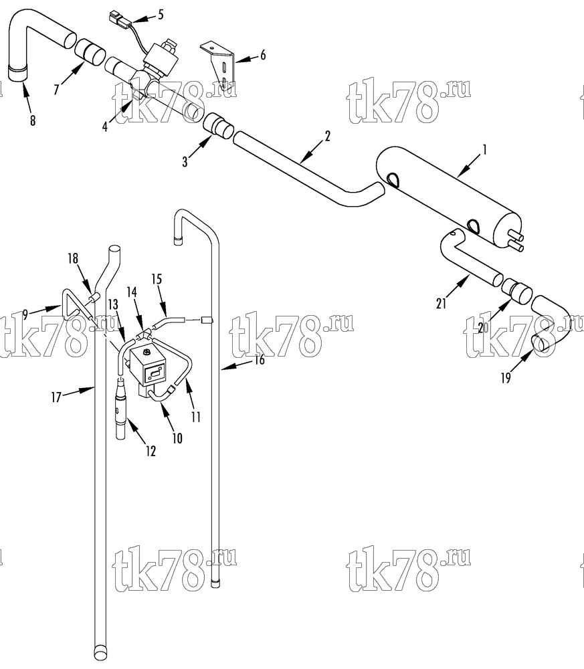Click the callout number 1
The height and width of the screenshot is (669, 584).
coord(484,150)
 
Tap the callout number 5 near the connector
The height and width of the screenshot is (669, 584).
coord(161,15)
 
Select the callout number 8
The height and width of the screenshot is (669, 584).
coord(33,120)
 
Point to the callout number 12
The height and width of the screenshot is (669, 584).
coord(151,451)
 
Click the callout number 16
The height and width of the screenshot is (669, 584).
coord(260,360)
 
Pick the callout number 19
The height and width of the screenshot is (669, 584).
coord(506,378)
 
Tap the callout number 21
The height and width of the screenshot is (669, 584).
coord(441,303)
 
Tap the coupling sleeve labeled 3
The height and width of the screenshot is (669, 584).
coord(218,127)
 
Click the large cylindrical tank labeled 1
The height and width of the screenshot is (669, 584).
coord(448,192)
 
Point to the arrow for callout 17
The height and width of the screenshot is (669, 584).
coord(80,391)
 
